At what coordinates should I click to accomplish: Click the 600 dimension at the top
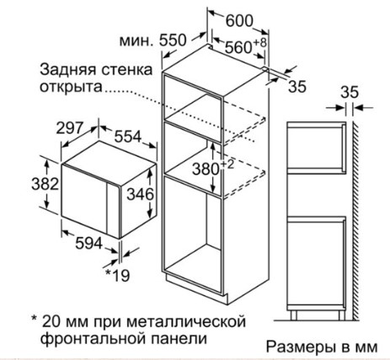pyautogui.click(x=239, y=20)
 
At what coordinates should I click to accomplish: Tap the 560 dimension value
pyautogui.click(x=238, y=47)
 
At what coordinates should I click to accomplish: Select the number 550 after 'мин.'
pyautogui.click(x=173, y=40)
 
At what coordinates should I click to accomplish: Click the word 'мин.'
pyautogui.click(x=136, y=41)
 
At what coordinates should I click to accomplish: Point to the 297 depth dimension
pyautogui.click(x=70, y=128)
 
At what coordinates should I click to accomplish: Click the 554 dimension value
pyautogui.click(x=127, y=137)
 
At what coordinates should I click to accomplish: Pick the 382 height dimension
pyautogui.click(x=45, y=184)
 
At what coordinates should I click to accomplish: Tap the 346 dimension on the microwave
pyautogui.click(x=141, y=194)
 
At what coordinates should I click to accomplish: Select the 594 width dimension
pyautogui.click(x=88, y=244)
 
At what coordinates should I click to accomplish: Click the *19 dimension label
pyautogui.click(x=117, y=276)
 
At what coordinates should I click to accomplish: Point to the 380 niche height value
pyautogui.click(x=206, y=169)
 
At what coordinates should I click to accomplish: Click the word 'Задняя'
pyautogui.click(x=68, y=70)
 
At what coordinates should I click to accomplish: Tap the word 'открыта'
pyautogui.click(x=71, y=87)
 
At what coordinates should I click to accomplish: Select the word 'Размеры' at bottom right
pyautogui.click(x=301, y=347)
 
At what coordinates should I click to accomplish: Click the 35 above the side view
pyautogui.click(x=350, y=92)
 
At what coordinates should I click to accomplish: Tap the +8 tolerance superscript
pyautogui.click(x=259, y=43)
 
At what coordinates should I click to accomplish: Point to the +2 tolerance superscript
pyautogui.click(x=227, y=164)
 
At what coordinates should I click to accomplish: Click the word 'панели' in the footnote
pyautogui.click(x=179, y=339)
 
